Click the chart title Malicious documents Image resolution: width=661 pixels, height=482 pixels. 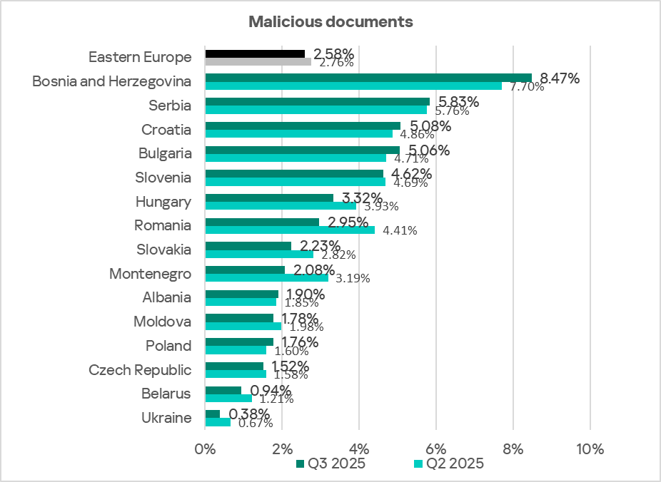(330, 21)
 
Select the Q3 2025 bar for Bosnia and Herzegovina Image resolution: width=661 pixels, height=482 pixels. (368, 78)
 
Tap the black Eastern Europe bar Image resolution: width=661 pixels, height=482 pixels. (255, 53)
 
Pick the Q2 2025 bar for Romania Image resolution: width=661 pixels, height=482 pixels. (289, 230)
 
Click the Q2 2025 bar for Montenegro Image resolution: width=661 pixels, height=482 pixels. (266, 278)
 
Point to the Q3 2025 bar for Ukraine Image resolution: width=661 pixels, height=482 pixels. (213, 414)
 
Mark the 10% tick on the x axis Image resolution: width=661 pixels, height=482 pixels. (590, 449)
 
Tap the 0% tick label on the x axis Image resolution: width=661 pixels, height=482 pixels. (206, 449)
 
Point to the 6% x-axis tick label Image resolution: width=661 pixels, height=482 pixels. (435, 449)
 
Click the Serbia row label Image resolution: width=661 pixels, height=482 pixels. (170, 106)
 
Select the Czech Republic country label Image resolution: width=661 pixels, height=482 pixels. (140, 369)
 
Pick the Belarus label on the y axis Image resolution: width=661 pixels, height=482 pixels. (166, 394)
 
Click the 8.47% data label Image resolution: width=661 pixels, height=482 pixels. (560, 78)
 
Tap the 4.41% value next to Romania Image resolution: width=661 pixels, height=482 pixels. (400, 230)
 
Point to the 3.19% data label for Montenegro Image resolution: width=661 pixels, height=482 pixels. (353, 279)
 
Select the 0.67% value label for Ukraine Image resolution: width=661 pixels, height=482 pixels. (256, 423)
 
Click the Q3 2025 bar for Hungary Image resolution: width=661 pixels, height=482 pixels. (269, 198)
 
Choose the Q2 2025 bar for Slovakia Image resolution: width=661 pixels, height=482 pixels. (259, 254)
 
